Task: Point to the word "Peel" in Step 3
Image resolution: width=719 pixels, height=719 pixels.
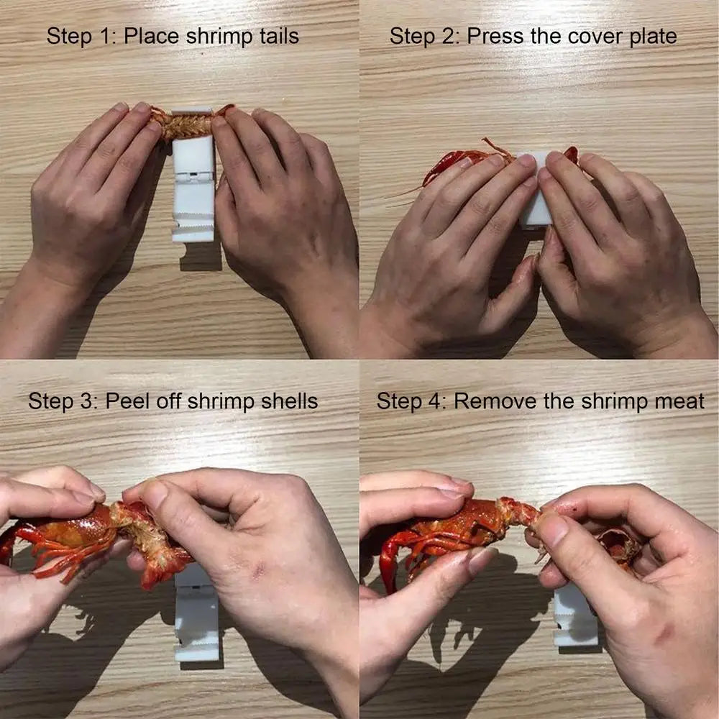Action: pyautogui.click(x=129, y=400)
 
